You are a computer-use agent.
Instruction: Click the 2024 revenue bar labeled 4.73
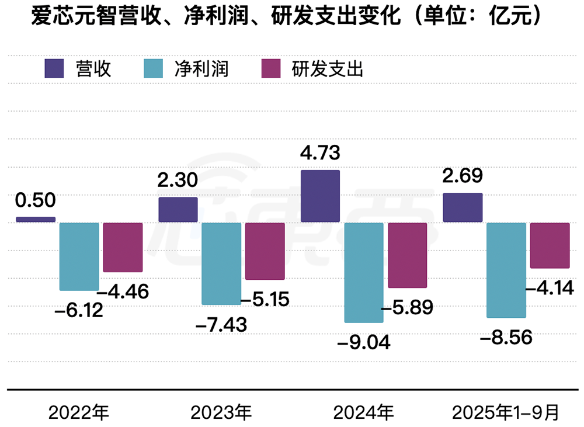coord(320,196)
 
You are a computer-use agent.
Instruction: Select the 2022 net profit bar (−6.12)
coord(79,256)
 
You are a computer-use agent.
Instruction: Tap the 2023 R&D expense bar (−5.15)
coord(265,251)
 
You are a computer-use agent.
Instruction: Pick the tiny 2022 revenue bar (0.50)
coord(36,220)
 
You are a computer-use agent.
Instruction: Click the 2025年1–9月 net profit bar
coord(506,270)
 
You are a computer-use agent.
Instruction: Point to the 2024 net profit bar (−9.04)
coord(364,272)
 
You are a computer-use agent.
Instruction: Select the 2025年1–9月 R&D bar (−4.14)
coord(550,245)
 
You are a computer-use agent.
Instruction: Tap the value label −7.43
coord(223,324)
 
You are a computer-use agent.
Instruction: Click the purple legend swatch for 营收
coord(54,68)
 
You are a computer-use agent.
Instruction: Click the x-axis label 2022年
coord(79,412)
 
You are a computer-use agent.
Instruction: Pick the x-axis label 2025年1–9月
coord(506,412)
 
